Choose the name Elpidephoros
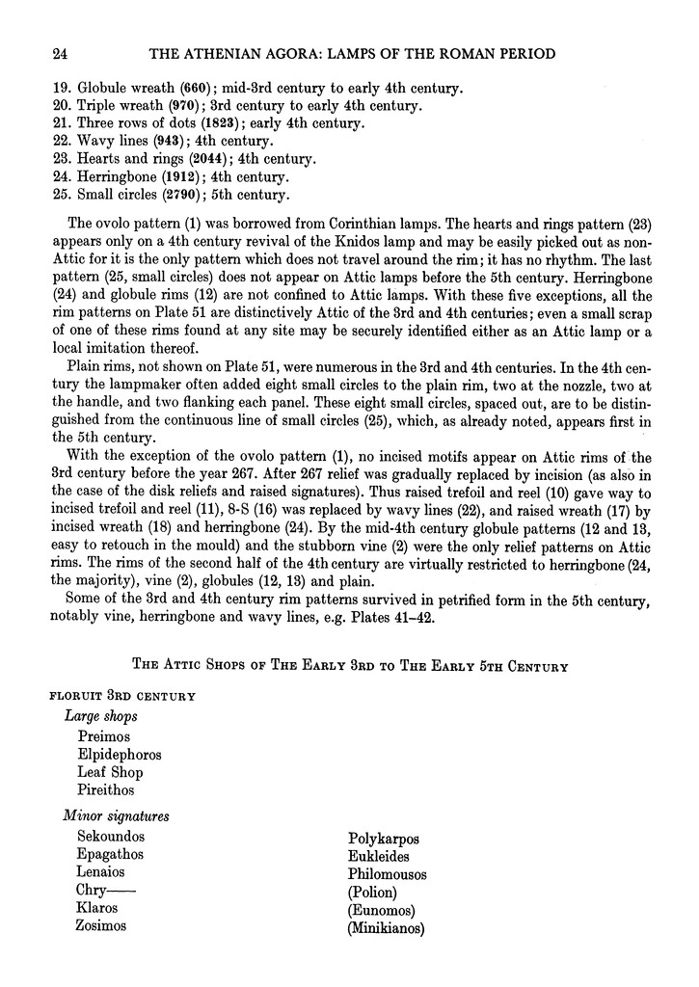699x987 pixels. (120, 755)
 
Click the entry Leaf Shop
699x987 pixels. (110, 772)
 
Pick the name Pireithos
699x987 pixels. (108, 789)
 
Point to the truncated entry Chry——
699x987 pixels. (106, 890)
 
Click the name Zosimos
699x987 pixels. (101, 925)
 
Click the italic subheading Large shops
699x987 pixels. (100, 716)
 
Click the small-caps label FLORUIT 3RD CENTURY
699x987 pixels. (121, 696)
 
